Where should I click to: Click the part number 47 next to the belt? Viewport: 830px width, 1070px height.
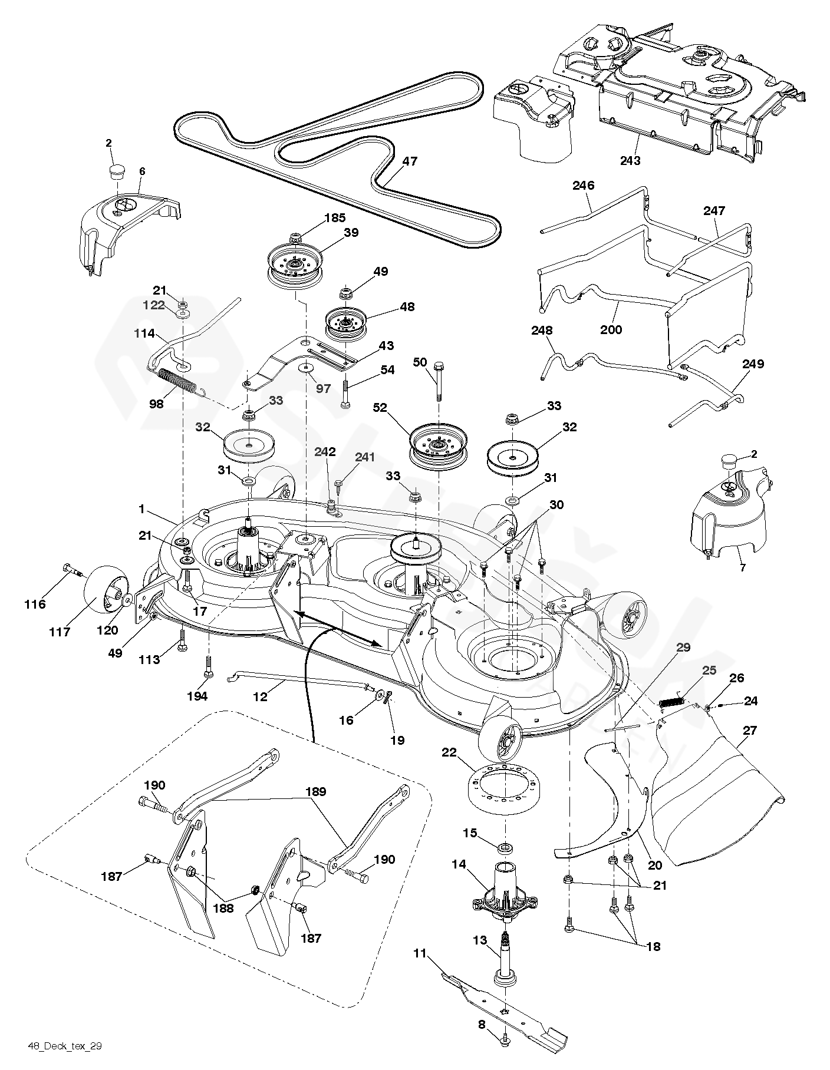[410, 161]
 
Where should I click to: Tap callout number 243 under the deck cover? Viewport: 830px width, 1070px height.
[630, 160]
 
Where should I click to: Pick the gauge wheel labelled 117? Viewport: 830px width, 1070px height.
[105, 595]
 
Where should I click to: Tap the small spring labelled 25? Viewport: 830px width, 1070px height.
[671, 701]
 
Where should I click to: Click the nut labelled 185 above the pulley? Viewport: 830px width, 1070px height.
[297, 239]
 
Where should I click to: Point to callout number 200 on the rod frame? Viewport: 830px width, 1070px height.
[611, 329]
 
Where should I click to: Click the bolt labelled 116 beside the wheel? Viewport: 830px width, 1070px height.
[71, 569]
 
